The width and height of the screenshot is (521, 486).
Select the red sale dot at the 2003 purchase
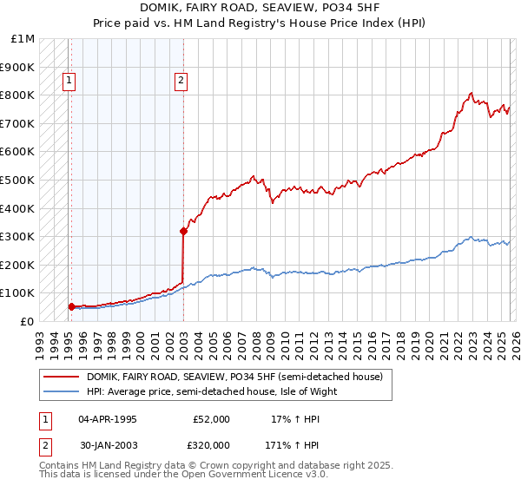click(x=184, y=231)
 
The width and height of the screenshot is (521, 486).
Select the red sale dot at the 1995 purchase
click(x=71, y=306)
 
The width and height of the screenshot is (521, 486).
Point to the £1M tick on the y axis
click(x=24, y=39)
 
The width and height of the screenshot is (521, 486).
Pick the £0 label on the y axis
click(x=28, y=321)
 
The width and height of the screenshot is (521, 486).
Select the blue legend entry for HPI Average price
click(x=211, y=391)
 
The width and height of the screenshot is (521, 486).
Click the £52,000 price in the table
click(x=211, y=419)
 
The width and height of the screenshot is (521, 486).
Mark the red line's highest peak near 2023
click(x=471, y=93)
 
